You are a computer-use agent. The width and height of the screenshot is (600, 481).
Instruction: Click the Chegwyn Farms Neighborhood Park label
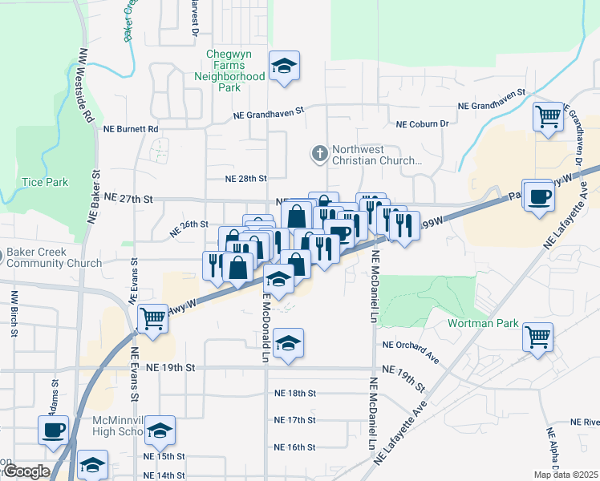pyautogui.click(x=229, y=66)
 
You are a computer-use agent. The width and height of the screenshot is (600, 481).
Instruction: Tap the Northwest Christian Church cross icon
pyautogui.click(x=319, y=153)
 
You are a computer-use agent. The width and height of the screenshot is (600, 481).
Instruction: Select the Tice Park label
pyautogui.click(x=46, y=182)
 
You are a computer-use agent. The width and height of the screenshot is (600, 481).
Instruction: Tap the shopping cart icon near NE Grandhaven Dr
pyautogui.click(x=549, y=117)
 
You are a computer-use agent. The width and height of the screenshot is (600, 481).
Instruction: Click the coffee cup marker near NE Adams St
pyautogui.click(x=55, y=430)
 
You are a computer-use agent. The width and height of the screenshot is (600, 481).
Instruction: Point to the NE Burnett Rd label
pyautogui.click(x=132, y=128)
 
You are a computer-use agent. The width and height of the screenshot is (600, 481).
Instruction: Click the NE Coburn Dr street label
pyautogui.click(x=423, y=123)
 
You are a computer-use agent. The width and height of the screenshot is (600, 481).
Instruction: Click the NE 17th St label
pyautogui.click(x=295, y=419)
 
